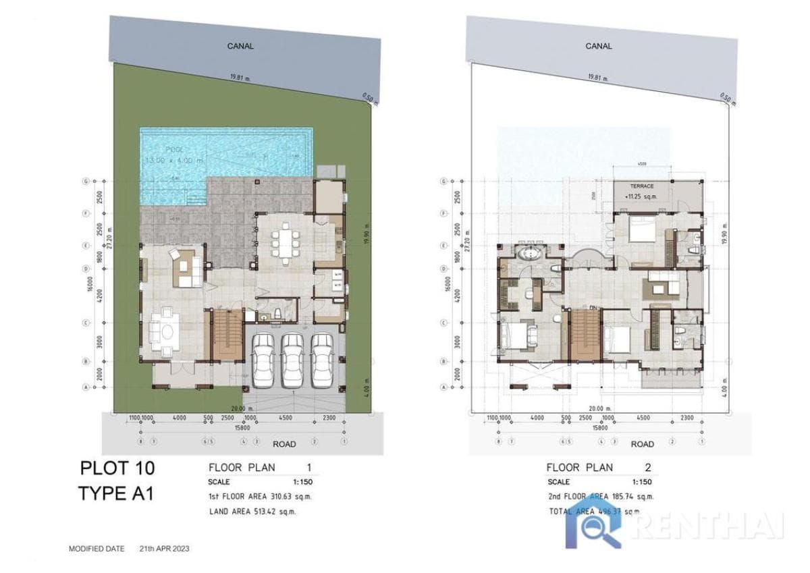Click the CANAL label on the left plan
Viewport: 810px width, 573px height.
click(240, 46)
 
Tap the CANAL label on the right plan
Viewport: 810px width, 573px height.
click(598, 46)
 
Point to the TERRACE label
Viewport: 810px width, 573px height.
click(642, 185)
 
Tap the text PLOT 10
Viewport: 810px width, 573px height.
click(117, 468)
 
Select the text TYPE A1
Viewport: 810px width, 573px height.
click(116, 493)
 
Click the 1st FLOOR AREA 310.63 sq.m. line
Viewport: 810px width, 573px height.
click(260, 497)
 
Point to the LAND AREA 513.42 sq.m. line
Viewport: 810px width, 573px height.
click(253, 512)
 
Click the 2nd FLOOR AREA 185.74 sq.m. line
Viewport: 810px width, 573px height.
click(600, 497)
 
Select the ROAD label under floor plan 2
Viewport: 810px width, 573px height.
click(642, 444)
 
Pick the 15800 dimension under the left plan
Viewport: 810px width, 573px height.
click(241, 427)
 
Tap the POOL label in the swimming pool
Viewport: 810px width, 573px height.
click(160, 148)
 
